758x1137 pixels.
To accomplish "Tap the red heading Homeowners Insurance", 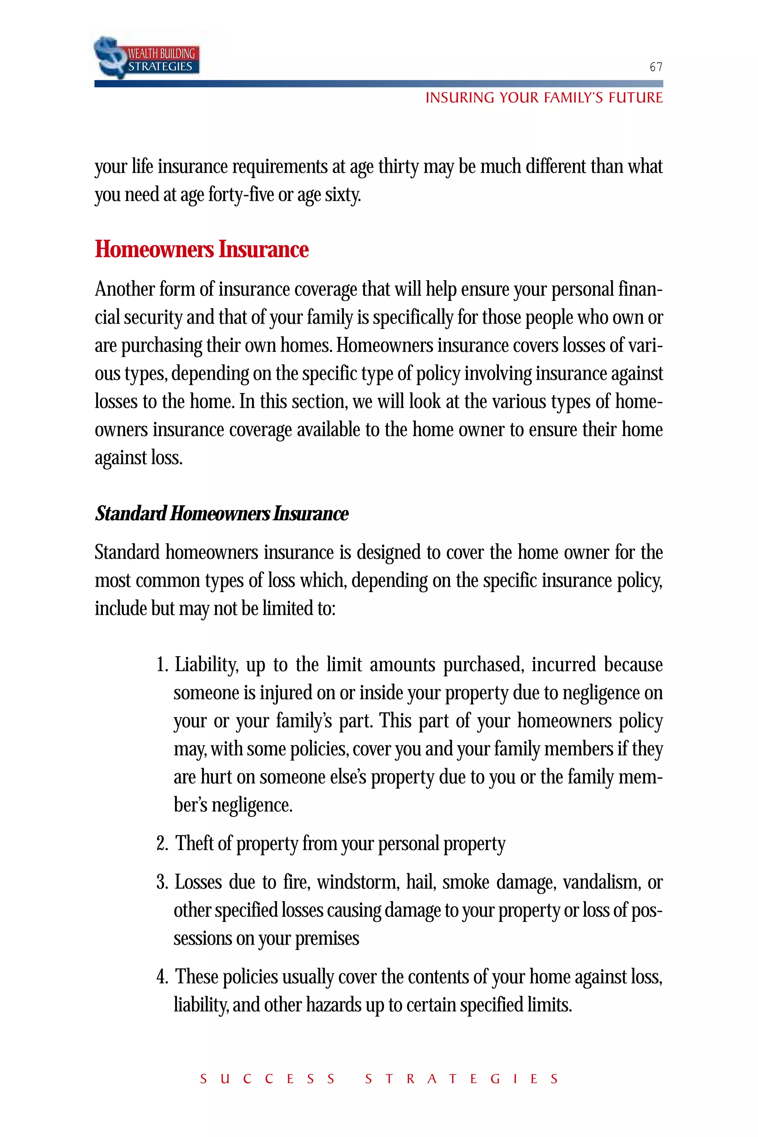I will point(202,249).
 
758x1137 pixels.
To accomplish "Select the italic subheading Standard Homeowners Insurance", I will point(221,513).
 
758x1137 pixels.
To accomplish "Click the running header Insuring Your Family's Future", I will point(543,98).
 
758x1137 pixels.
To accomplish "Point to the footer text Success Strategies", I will point(379,1079).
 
